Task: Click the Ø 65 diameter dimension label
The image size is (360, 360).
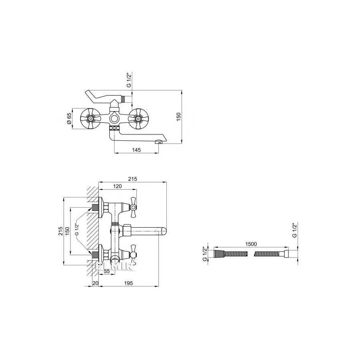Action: point(69,119)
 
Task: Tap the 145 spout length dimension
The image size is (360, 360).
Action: point(136,150)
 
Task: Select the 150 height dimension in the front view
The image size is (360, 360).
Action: point(179,116)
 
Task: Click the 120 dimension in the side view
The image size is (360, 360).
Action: point(118,186)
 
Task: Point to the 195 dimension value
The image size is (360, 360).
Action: point(128,283)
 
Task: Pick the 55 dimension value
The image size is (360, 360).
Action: point(107,271)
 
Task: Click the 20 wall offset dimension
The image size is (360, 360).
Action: point(95,283)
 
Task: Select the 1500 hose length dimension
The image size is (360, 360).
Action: point(251,244)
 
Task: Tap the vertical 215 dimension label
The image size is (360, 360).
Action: point(60,231)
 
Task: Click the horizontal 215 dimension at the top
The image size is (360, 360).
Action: point(132,179)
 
